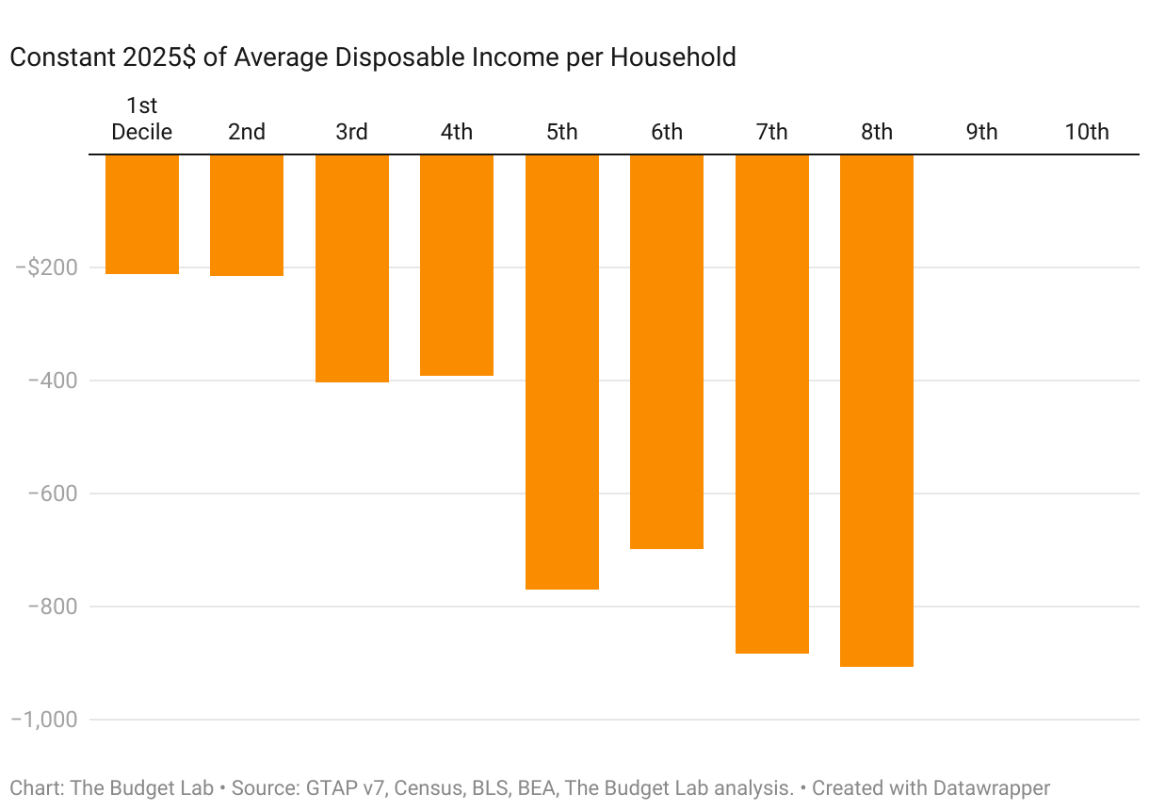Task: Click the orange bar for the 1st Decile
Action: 142,214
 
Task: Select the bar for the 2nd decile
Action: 247,215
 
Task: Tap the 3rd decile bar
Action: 352,267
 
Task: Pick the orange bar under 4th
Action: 457,265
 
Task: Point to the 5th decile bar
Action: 562,371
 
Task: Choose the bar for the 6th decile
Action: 667,351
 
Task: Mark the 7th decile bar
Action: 772,403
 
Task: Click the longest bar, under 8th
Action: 877,410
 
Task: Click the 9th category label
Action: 981,132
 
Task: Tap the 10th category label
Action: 1087,132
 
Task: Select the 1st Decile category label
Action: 142,119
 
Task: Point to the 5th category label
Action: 562,132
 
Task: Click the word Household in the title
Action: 672,57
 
